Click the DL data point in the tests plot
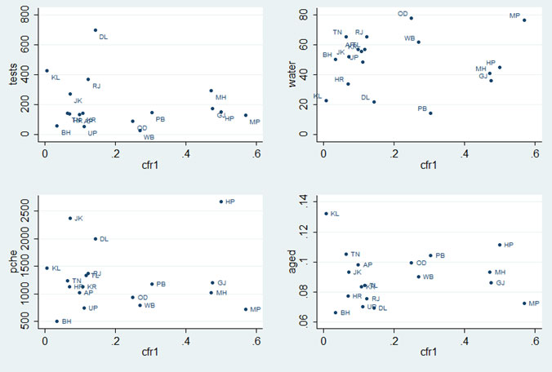coord(96,30)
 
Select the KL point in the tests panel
coord(47,70)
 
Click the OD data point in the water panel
coord(411,18)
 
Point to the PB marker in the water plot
coord(430,113)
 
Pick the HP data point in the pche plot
coord(221,201)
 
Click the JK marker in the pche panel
coord(70,218)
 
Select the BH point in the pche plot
coord(56,321)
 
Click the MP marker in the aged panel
coord(524,303)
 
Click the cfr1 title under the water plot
coord(429,166)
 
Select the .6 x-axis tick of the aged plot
coord(534,340)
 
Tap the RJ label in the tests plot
coord(96,86)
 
